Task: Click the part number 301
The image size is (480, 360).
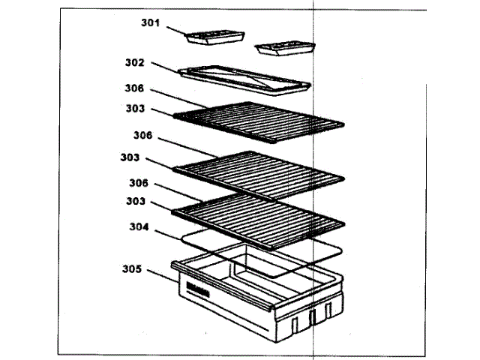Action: click(151, 22)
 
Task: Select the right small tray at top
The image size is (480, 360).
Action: click(283, 48)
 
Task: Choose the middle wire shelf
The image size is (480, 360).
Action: click(259, 170)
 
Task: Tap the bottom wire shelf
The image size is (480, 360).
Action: click(259, 216)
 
